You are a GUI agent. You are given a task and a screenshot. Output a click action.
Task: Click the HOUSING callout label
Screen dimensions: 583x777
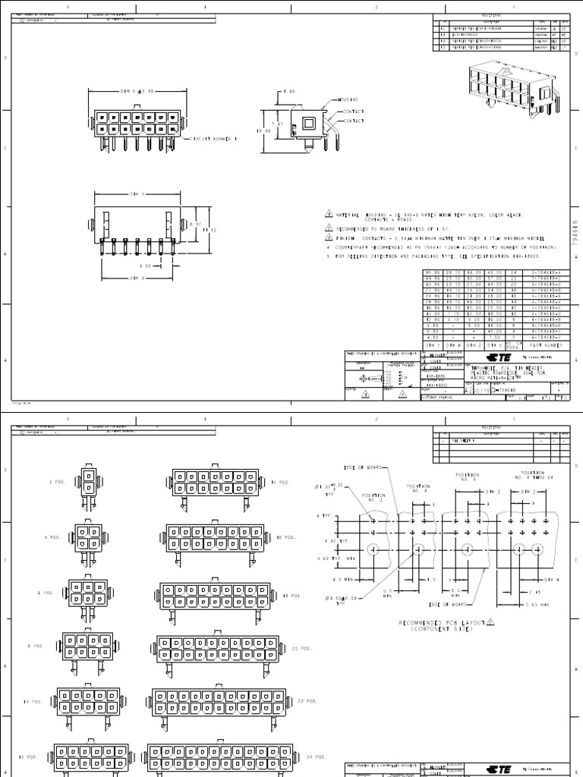[348, 99]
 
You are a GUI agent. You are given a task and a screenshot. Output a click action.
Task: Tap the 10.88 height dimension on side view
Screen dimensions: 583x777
[263, 131]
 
